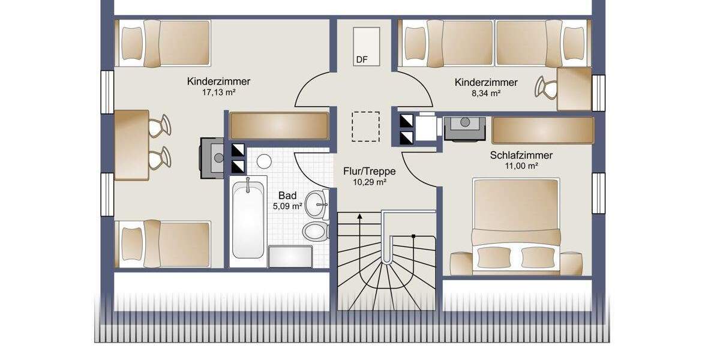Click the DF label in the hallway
click(x=362, y=59)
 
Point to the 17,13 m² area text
click(x=218, y=93)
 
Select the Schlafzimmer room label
click(x=521, y=155)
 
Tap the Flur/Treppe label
click(x=369, y=171)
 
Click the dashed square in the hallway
click(x=365, y=127)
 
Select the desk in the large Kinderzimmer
click(x=131, y=145)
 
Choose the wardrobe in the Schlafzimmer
click(x=542, y=130)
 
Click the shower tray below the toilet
click(x=290, y=256)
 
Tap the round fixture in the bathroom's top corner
click(x=263, y=161)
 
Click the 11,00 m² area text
click(x=521, y=166)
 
